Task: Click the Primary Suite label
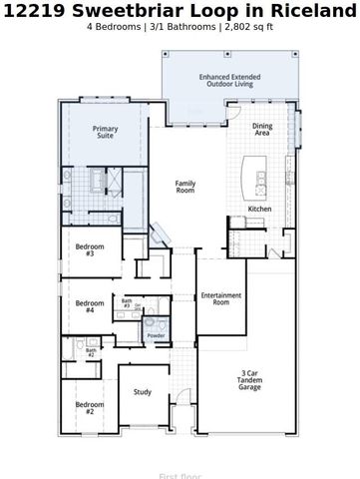coord(105,133)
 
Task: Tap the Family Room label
coord(185,187)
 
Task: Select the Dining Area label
coord(262,130)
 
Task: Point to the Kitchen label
coord(259,209)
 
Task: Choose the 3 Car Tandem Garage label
coord(249,381)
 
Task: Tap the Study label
coord(143,392)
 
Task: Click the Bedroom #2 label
coord(89,407)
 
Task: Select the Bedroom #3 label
coord(90,250)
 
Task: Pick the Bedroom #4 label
coord(90,306)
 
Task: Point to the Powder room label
coord(156,336)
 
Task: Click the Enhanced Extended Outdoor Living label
coord(229,81)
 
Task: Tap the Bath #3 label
coord(127,303)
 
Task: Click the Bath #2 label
coord(90,352)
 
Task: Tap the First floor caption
coord(180,476)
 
